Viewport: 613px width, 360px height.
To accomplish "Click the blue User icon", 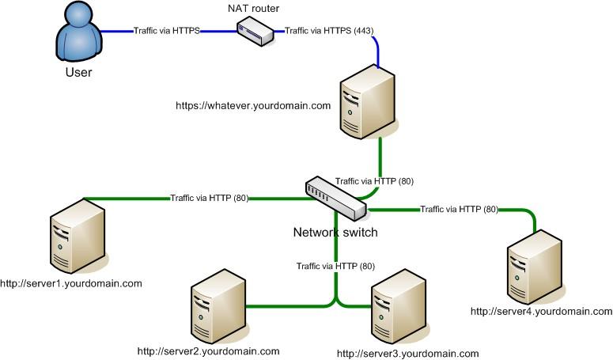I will tap(78, 35).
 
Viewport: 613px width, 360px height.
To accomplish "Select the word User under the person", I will tap(78, 73).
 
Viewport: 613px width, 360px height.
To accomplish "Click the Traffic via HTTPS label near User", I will tap(165, 31).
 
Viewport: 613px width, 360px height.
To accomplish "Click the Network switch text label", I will tap(335, 233).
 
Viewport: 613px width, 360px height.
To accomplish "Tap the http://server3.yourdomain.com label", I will tap(408, 354).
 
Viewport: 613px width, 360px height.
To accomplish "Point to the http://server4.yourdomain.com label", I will tap(541, 311).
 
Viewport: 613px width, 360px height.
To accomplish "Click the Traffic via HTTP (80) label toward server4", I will tap(459, 210).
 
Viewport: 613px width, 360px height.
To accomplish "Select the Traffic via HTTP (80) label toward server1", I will tap(209, 198).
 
